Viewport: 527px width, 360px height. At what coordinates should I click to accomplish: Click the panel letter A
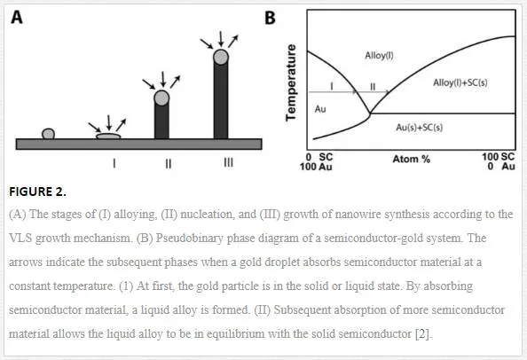tap(17, 17)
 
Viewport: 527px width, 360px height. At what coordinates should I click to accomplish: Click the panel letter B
tap(270, 18)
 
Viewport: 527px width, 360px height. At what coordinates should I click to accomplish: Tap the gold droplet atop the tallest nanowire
tap(221, 57)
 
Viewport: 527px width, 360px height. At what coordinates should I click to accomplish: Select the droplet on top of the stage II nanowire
tap(161, 98)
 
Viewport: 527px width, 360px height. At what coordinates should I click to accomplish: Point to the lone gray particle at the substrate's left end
tap(49, 134)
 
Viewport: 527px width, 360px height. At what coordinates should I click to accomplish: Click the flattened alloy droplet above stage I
tap(108, 136)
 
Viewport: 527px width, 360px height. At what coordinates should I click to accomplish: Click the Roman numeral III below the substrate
tap(228, 163)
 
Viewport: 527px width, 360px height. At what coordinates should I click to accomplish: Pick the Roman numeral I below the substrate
tap(114, 163)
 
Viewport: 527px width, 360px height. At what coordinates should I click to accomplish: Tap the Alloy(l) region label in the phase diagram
tap(379, 55)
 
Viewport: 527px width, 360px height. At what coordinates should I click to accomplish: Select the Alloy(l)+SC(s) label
tap(460, 82)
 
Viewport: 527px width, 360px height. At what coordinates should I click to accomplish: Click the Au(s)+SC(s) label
tap(420, 128)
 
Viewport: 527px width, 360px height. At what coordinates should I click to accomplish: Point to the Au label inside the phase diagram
tap(320, 109)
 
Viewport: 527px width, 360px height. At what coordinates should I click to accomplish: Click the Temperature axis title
tap(291, 82)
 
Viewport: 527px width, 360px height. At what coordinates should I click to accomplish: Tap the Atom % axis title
tap(412, 159)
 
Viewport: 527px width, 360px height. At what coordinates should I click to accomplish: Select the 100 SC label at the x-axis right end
tap(498, 156)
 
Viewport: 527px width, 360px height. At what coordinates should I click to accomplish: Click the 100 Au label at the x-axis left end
tap(316, 166)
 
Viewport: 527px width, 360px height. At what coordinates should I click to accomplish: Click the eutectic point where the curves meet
tap(370, 113)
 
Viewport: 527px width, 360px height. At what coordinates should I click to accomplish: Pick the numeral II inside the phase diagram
tap(373, 87)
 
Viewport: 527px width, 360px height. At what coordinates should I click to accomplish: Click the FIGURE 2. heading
tap(37, 192)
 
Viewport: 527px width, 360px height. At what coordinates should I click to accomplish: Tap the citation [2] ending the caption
tap(423, 334)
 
